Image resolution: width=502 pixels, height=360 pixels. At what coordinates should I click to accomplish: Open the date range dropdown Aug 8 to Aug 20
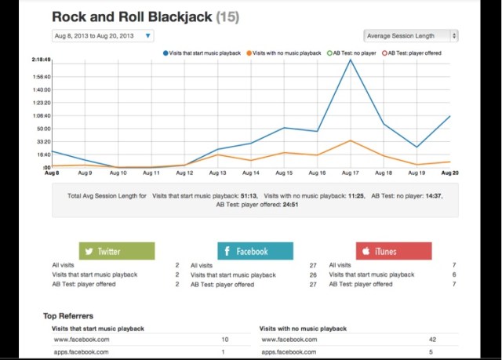[x=103, y=36]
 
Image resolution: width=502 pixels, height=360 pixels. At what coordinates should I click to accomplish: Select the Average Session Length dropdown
[x=411, y=36]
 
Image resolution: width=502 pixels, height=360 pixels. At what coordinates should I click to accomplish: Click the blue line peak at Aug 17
[x=351, y=60]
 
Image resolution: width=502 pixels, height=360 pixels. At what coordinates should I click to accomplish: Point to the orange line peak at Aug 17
[x=351, y=140]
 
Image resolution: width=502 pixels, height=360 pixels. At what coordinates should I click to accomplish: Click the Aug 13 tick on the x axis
[x=218, y=173]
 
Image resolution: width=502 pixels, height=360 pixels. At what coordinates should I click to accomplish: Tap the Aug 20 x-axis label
[x=450, y=173]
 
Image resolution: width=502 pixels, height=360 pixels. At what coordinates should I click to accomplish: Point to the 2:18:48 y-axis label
[x=42, y=60]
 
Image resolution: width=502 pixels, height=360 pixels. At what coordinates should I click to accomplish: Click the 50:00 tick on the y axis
[x=44, y=129]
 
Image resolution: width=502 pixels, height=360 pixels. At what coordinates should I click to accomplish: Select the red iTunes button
[x=393, y=251]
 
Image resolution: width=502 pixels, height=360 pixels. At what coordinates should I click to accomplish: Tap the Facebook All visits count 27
[x=312, y=266]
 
